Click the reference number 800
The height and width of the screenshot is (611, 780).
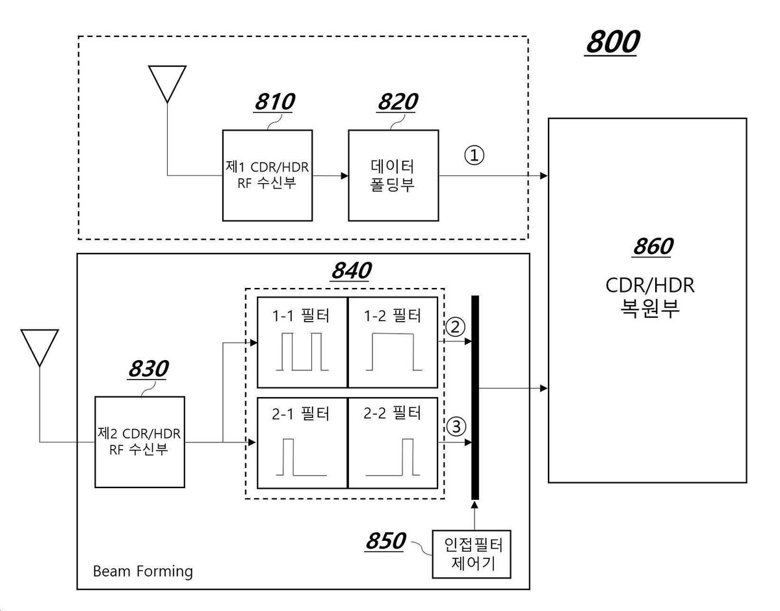click(613, 42)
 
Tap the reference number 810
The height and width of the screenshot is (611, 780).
click(275, 101)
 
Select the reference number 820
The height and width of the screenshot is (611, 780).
click(398, 101)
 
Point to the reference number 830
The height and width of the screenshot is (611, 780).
click(149, 369)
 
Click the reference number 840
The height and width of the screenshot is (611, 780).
click(352, 270)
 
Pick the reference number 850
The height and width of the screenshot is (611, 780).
click(385, 541)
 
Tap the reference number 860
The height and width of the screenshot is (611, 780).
click(653, 246)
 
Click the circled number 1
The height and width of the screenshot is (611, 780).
click(474, 155)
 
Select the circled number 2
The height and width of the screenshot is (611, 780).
click(455, 327)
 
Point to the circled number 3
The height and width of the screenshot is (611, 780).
click(456, 427)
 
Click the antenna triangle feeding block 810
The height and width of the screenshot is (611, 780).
click(167, 84)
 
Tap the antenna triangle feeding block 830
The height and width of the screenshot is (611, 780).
click(40, 348)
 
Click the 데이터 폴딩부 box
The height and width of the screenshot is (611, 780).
click(393, 175)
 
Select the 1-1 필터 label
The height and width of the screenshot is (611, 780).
click(301, 316)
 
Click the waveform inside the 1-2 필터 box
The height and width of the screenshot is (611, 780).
click(394, 352)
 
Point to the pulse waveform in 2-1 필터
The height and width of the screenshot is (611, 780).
click(301, 457)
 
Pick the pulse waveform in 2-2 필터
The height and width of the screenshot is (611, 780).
click(393, 457)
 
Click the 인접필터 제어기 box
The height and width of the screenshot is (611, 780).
click(471, 554)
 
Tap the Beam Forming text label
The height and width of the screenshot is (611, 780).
click(143, 571)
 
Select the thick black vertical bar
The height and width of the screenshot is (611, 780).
click(475, 398)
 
